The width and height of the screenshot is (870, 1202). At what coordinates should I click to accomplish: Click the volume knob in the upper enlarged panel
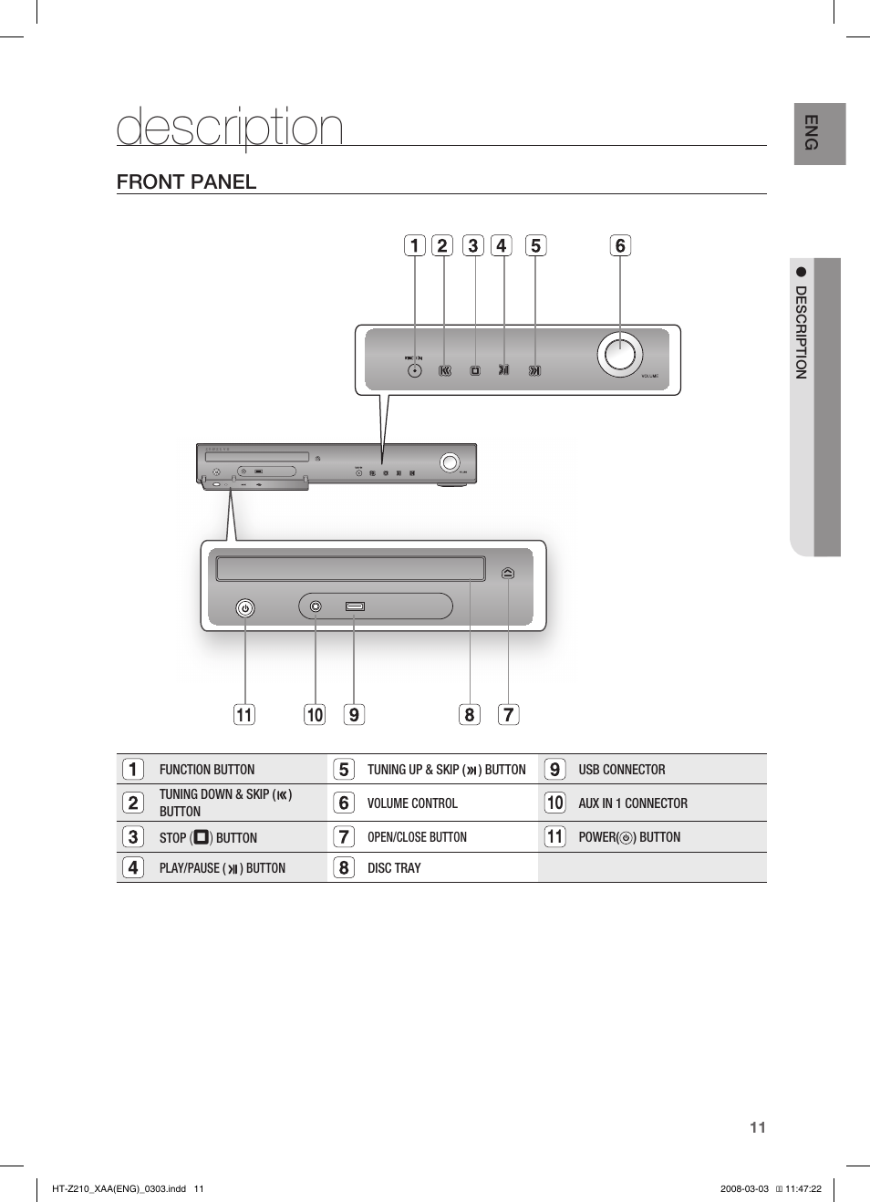pyautogui.click(x=620, y=354)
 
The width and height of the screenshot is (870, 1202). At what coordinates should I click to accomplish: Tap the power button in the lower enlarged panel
pyautogui.click(x=245, y=608)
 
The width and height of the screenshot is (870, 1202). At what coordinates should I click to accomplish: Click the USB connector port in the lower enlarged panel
pyautogui.click(x=355, y=606)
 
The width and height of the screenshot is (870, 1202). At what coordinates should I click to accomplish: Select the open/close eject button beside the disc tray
pyautogui.click(x=508, y=573)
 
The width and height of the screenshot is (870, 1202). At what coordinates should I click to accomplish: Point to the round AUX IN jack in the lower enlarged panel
pyautogui.click(x=316, y=606)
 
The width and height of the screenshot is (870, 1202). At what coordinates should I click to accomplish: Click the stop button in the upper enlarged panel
pyautogui.click(x=475, y=370)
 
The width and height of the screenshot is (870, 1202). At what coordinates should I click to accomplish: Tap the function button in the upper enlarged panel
pyautogui.click(x=415, y=370)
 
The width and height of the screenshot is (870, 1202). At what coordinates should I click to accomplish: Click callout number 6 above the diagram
pyautogui.click(x=620, y=245)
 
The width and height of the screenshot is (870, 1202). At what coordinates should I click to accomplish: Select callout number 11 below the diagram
pyautogui.click(x=244, y=714)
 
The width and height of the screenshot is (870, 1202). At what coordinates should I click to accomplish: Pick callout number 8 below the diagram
pyautogui.click(x=470, y=714)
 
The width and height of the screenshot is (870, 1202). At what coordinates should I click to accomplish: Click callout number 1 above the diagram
pyautogui.click(x=415, y=245)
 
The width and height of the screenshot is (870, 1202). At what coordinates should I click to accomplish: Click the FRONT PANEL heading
pyautogui.click(x=187, y=181)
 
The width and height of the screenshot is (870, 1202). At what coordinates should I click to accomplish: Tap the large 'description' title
pyautogui.click(x=230, y=127)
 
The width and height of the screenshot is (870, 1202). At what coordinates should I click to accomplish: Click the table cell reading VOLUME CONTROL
pyautogui.click(x=412, y=803)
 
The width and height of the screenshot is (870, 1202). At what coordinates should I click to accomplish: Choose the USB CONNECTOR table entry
pyautogui.click(x=621, y=770)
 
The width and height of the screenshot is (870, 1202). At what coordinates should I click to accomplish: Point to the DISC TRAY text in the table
pyautogui.click(x=394, y=868)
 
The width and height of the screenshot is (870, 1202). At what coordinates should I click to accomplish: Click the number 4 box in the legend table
pyautogui.click(x=133, y=867)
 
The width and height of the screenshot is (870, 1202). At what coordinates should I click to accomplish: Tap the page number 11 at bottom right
pyautogui.click(x=757, y=1127)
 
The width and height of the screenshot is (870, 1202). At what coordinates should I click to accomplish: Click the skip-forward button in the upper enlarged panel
pyautogui.click(x=534, y=370)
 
